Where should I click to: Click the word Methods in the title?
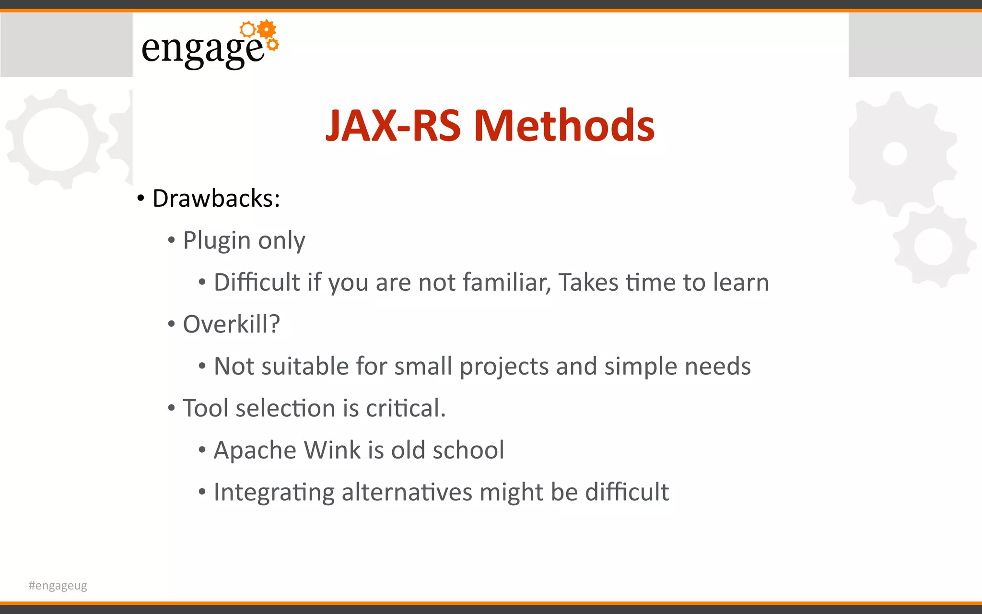click(564, 126)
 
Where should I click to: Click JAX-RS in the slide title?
click(393, 126)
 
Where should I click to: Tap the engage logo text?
click(202, 49)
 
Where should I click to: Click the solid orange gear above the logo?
click(267, 30)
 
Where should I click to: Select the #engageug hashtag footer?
click(58, 585)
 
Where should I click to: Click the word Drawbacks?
click(216, 198)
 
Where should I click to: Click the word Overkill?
click(231, 324)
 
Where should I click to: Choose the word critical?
click(406, 408)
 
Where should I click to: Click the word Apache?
click(255, 450)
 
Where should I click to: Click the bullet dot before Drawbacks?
click(140, 199)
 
